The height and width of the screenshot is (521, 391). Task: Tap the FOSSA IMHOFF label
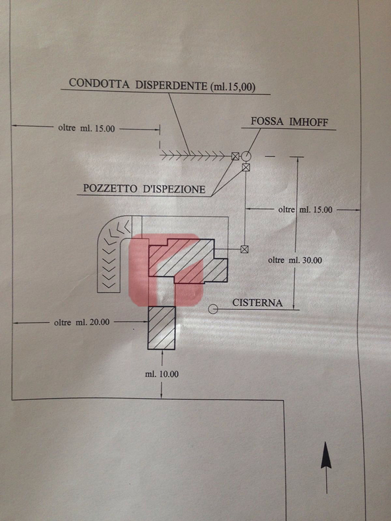(x=289, y=122)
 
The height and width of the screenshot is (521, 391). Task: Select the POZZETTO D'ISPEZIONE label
(x=144, y=189)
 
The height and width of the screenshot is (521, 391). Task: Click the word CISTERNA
(x=258, y=303)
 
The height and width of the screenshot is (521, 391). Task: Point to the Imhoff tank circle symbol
(x=246, y=156)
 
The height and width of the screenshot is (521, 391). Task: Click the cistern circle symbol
(x=213, y=309)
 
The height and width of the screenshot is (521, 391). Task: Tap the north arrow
(x=326, y=467)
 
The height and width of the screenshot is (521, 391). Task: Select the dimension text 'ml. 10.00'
(x=161, y=374)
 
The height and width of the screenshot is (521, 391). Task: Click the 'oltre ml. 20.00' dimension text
(x=82, y=322)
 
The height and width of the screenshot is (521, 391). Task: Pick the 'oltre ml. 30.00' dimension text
(x=295, y=260)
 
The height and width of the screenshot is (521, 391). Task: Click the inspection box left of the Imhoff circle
(x=235, y=156)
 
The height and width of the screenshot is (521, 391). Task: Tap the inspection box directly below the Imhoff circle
(x=246, y=168)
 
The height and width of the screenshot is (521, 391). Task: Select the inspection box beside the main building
(x=245, y=249)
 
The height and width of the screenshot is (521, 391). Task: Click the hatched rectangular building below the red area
(x=161, y=328)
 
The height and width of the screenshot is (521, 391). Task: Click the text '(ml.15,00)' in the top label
(x=233, y=87)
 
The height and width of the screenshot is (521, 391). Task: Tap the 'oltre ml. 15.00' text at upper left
(x=87, y=128)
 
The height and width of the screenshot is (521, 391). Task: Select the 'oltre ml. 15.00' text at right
(x=305, y=209)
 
